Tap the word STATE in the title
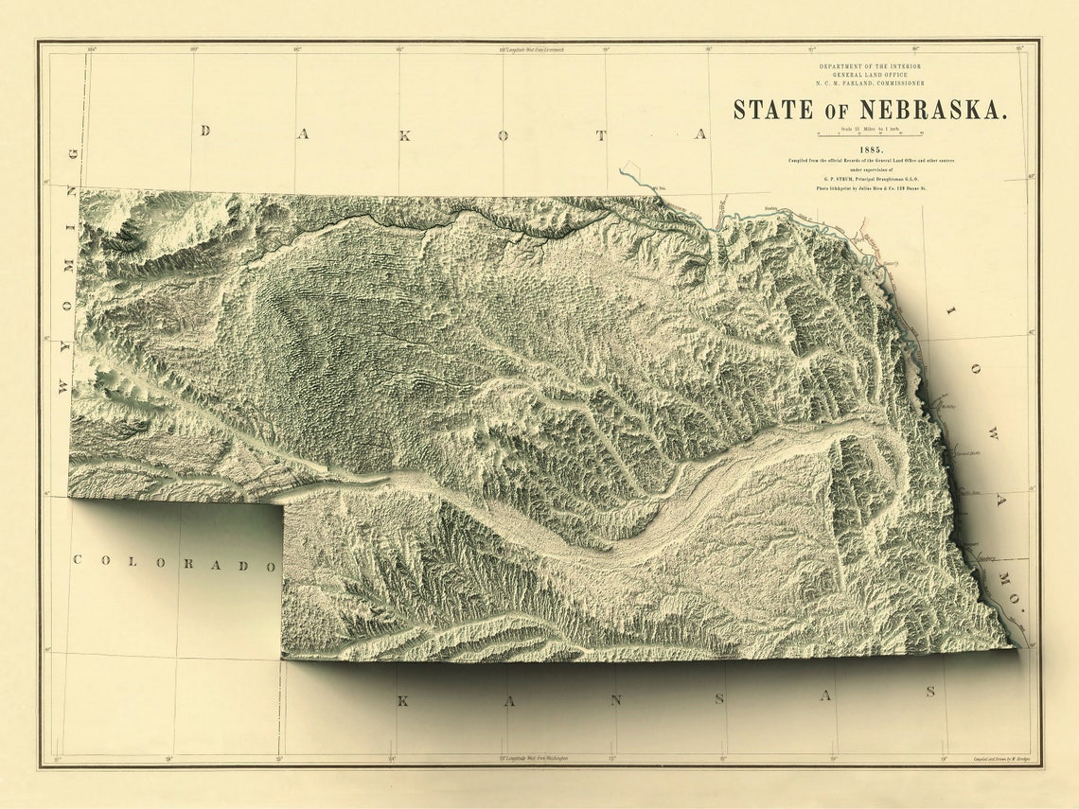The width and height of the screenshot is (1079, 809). coord(773,109)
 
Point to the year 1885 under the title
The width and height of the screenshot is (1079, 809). coord(872,150)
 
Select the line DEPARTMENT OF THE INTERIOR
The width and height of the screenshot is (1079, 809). coord(871,66)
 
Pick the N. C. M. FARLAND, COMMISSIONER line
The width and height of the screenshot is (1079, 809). coord(871,83)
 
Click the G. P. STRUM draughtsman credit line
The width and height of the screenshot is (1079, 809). coord(872,179)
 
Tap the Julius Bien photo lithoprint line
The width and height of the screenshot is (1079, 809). coord(872,189)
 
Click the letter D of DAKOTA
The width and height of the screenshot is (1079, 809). coord(203,131)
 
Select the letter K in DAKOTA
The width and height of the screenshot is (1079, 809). coord(404,134)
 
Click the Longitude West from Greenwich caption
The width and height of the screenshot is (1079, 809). coord(532,49)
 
